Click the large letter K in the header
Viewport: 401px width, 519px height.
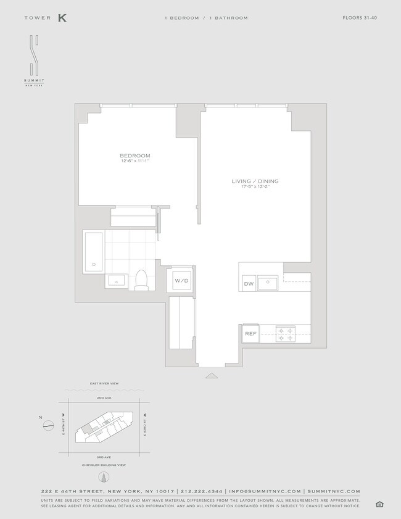(62, 18)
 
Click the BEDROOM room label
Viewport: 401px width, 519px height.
(135, 156)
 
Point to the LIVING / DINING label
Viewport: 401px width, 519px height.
(255, 181)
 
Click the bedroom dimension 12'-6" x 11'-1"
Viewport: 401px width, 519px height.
(135, 161)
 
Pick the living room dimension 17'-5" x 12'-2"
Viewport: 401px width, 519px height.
(255, 186)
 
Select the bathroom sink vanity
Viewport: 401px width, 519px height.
(116, 281)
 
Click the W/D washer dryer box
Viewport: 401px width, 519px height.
(181, 281)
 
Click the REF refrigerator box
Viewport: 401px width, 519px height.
(250, 333)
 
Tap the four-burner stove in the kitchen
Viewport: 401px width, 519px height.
(286, 334)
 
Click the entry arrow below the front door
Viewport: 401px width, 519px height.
(212, 375)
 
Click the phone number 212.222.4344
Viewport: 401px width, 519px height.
(202, 491)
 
